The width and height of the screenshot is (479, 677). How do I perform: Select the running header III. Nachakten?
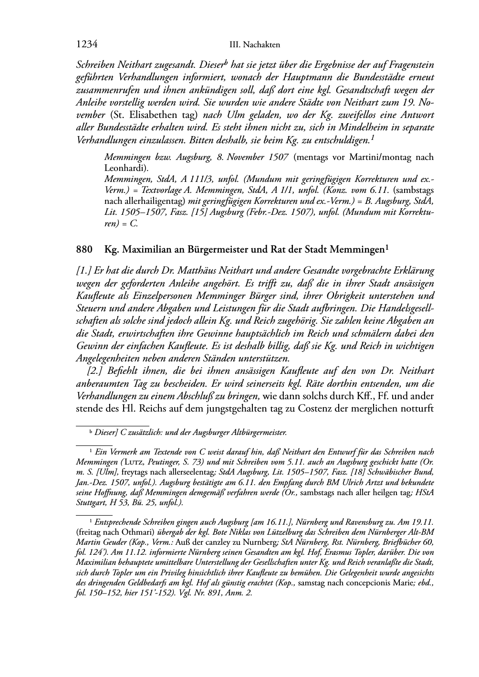tap(254, 45)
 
